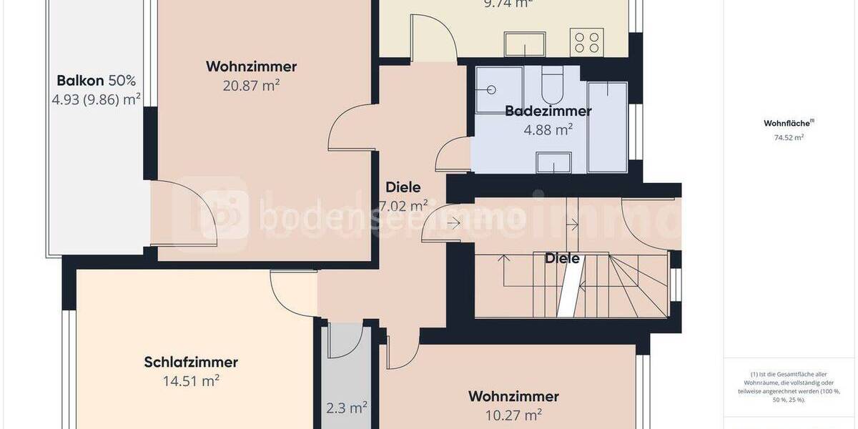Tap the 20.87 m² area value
pos(251,85)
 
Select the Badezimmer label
pos(548,111)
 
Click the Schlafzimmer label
pos(191,363)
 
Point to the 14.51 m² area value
pos(191,381)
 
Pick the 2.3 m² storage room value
pos(347,408)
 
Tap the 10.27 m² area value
pos(513,415)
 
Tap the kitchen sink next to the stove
pos(525,44)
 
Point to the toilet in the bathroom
pos(553,86)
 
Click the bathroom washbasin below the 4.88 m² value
pos(553,162)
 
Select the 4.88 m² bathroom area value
pos(548,129)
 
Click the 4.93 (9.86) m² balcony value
pos(96,99)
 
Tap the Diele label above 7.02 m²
pos(403,187)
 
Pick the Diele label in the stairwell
pos(562,259)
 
